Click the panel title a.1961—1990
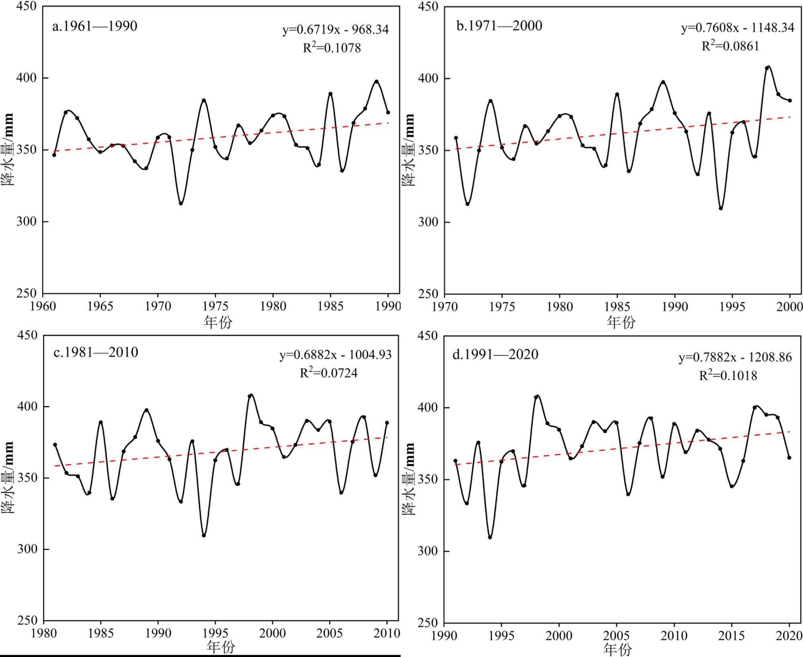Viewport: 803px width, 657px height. pos(95,26)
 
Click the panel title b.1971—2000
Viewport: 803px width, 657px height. pos(499,26)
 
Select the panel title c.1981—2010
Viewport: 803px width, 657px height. pos(96,353)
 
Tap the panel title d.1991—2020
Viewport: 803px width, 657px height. pos(495,355)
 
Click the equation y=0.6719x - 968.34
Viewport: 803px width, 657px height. pos(335,30)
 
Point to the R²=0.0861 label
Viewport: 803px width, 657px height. pos(730,46)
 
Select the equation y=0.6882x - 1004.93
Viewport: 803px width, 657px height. pos(335,355)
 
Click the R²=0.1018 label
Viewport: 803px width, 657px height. pos(728,375)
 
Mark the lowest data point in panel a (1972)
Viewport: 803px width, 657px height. pos(181,203)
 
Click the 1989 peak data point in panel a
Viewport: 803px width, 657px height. pos(377,81)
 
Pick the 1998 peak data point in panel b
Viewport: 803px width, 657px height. pos(767,68)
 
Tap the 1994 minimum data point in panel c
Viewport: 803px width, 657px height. pos(204,535)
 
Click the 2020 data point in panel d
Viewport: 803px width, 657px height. pos(789,458)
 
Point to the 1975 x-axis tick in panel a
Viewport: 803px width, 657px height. pos(216,294)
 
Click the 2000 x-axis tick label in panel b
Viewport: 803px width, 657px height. pos(789,307)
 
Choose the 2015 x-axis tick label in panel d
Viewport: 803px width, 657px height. pos(732,636)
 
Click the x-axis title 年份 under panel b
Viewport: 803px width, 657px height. pos(621,322)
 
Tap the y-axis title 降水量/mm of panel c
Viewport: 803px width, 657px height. pos(8,477)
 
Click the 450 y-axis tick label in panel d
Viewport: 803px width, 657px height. pos(427,336)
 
